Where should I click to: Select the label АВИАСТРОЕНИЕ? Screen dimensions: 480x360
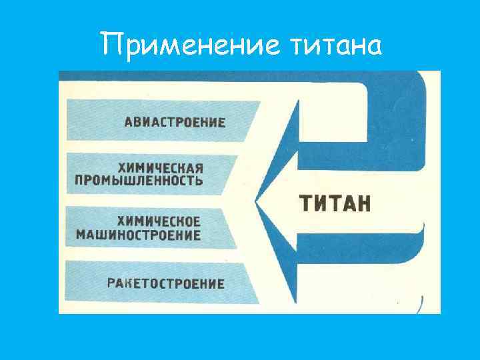tap(175, 122)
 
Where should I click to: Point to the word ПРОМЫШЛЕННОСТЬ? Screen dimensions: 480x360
tap(139, 181)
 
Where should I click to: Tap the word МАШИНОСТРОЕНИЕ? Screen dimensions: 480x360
tap(138, 235)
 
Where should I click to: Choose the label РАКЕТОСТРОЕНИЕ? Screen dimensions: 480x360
tap(166, 283)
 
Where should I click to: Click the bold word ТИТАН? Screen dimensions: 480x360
tap(333, 202)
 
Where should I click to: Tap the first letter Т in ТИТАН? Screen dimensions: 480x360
tap(304, 202)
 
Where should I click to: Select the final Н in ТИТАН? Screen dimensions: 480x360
tap(362, 202)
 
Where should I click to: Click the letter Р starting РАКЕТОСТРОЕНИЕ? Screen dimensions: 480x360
tap(111, 283)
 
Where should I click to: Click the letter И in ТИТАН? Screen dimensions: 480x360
tap(319, 202)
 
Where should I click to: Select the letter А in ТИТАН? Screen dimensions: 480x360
tap(347, 202)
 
